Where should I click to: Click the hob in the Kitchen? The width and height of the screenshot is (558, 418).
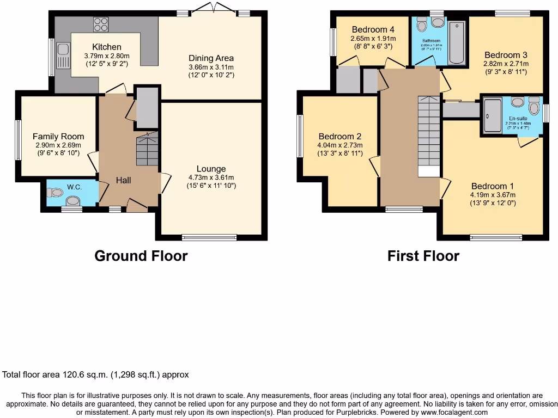[101, 24]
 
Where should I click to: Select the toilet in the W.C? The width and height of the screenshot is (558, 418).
[55, 192]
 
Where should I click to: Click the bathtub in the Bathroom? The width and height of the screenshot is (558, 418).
[457, 42]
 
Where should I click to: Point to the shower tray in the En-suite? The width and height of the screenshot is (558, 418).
[493, 116]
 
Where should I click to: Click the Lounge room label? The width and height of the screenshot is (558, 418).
[211, 169]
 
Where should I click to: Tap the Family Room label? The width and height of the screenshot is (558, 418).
[58, 137]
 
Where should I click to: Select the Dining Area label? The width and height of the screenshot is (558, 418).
[211, 58]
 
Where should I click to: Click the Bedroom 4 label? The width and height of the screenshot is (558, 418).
[373, 29]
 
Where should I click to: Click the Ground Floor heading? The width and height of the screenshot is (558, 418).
[141, 256]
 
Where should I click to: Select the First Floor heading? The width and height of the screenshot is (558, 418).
[423, 256]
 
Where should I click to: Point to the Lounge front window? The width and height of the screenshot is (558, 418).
[209, 237]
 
